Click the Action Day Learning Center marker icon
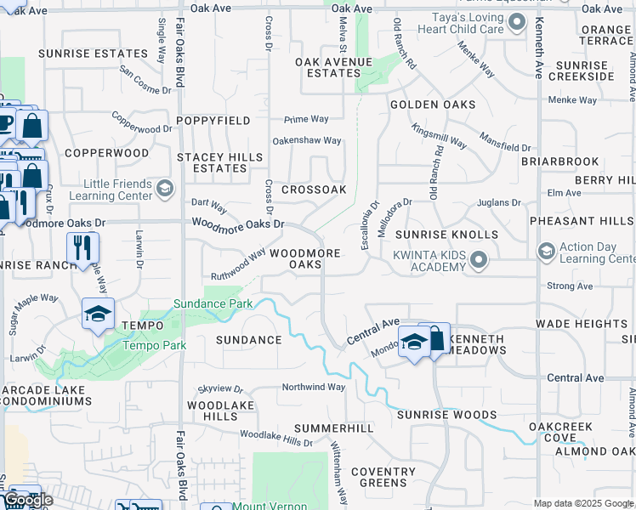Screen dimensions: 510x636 [545, 252]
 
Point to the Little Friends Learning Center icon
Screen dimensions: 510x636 [166, 189]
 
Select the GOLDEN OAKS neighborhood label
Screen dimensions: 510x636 [432, 105]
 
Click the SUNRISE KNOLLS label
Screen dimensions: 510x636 [446, 234]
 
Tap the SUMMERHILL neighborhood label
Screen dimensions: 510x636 [334, 428]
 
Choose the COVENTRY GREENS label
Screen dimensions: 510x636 [383, 478]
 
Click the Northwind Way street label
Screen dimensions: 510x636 [314, 387]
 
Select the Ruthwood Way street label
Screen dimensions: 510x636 [239, 265]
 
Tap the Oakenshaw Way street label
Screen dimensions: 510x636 [306, 140]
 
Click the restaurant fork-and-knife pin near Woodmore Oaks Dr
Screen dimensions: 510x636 [83, 247]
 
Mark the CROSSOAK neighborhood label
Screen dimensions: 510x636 [314, 190]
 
